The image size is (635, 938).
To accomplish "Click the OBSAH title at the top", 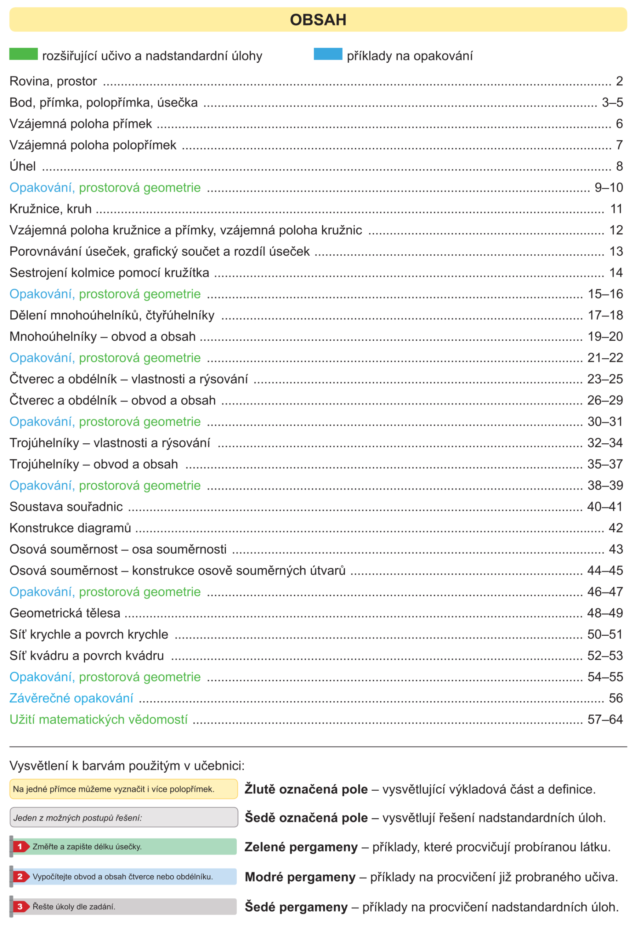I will tap(318, 20).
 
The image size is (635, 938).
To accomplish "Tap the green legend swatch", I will tap(23, 54).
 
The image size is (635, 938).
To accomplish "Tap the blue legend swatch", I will tap(328, 54).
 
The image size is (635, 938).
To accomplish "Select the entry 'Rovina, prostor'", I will tap(53, 81).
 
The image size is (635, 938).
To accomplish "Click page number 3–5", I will tap(612, 103).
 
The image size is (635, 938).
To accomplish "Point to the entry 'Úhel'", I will tap(23, 166).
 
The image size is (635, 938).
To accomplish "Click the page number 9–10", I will tap(608, 188).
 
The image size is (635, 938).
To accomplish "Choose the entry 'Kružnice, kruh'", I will tap(51, 209).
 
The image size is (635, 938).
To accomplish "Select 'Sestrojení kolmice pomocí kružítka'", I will tap(109, 273).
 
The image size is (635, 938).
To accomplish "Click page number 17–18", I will tap(605, 315).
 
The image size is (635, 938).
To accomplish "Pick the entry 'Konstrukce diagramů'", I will tap(70, 528).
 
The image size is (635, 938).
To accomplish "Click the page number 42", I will tap(616, 528).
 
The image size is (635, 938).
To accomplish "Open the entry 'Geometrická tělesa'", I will tap(64, 613).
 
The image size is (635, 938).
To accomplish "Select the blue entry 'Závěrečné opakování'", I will tap(71, 698).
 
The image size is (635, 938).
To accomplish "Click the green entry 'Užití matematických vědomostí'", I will tap(99, 720).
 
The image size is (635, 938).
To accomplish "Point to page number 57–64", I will tap(605, 720).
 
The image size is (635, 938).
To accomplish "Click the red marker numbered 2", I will tap(20, 877).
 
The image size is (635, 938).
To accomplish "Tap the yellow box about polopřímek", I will tap(123, 789).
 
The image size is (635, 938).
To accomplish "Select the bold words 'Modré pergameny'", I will tap(300, 877).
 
